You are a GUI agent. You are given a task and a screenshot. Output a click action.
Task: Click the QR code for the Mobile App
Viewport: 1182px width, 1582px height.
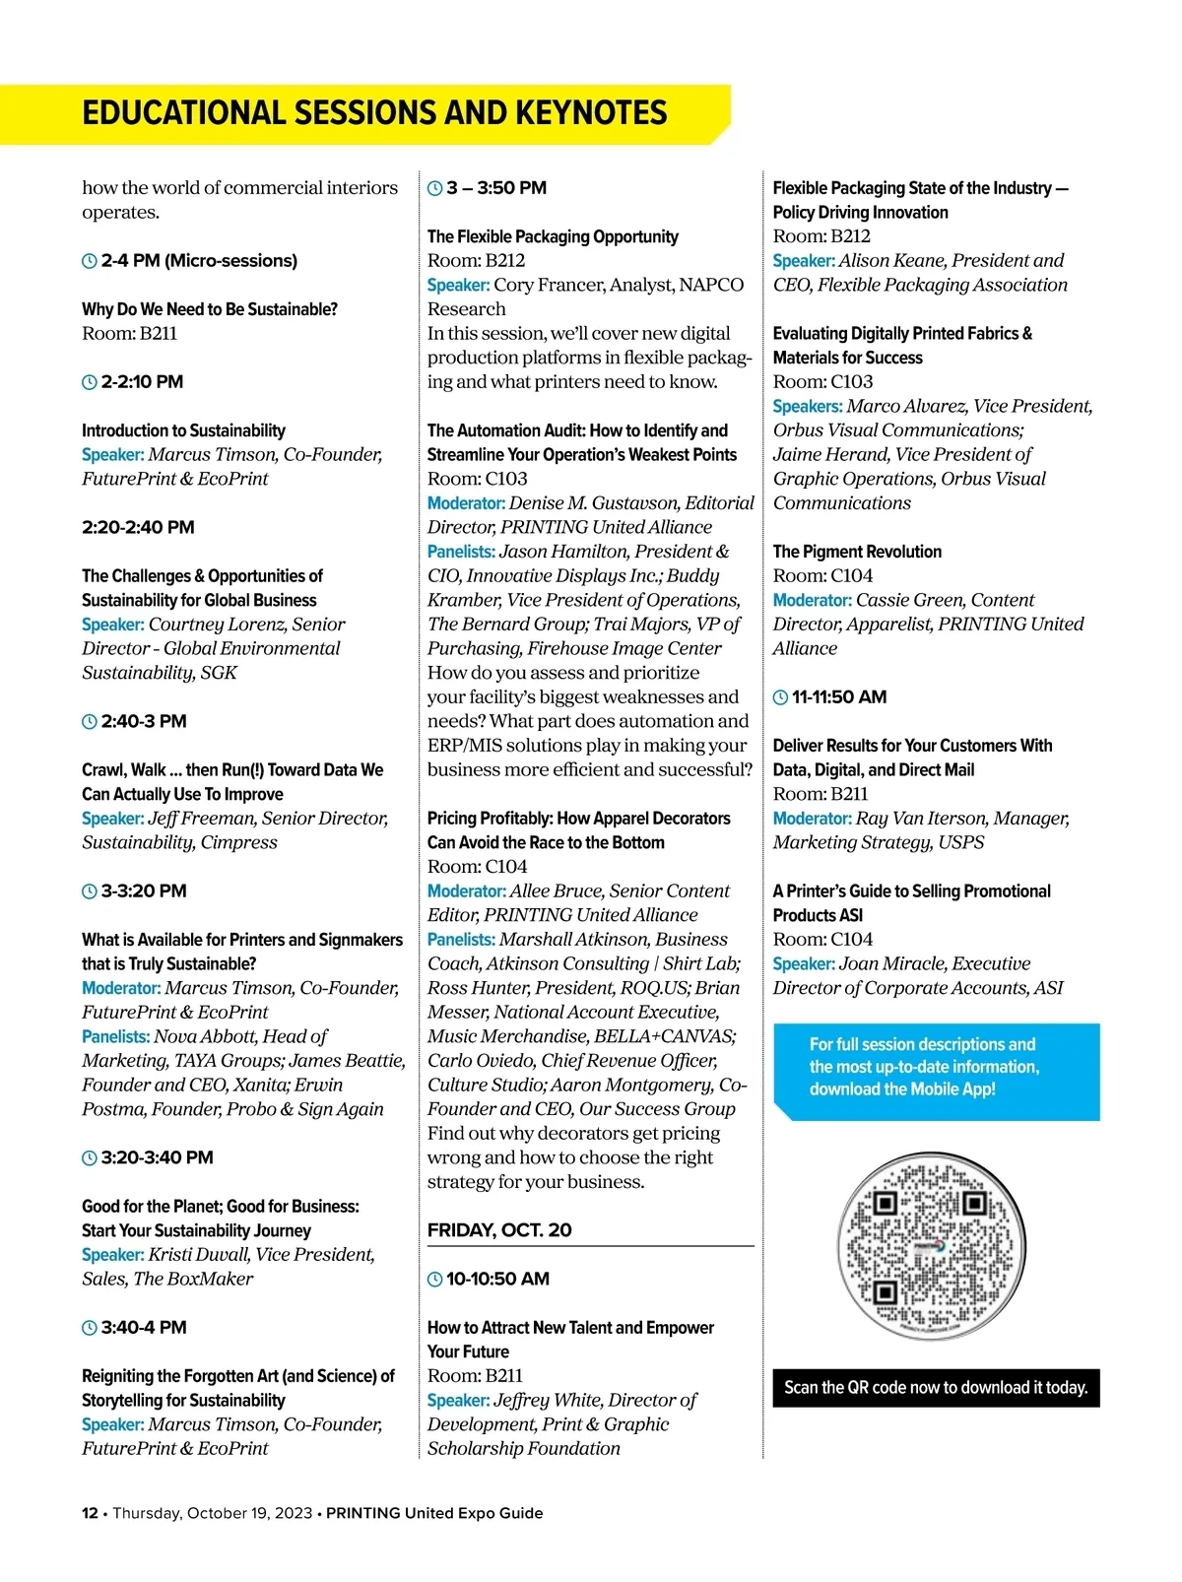tap(931, 1247)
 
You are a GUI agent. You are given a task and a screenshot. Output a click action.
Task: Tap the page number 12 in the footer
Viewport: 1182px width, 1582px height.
tap(89, 1513)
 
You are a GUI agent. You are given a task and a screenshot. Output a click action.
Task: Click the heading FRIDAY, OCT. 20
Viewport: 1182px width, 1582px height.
tap(499, 1230)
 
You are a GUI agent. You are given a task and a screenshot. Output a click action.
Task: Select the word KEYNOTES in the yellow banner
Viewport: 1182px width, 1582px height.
tap(591, 113)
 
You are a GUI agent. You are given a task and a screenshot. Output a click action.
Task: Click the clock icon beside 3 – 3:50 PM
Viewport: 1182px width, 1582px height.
tap(434, 188)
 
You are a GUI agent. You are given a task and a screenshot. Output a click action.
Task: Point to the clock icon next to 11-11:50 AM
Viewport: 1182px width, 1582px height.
tap(780, 697)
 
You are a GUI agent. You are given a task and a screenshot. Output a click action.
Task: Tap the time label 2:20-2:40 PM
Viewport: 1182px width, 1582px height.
tap(138, 527)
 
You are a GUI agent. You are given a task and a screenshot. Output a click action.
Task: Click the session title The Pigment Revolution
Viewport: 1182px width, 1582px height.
tap(857, 552)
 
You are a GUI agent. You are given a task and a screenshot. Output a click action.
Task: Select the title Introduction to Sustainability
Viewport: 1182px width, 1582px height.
tap(183, 430)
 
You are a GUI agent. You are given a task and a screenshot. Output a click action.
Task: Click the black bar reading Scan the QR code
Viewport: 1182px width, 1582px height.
tap(936, 1387)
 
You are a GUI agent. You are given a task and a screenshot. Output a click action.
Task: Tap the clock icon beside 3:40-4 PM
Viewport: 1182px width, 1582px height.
tap(90, 1328)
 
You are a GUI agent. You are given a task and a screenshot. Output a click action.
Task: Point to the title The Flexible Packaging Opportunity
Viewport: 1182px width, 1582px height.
tap(553, 236)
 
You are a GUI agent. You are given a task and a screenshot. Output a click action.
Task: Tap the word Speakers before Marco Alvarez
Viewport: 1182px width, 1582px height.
tap(808, 406)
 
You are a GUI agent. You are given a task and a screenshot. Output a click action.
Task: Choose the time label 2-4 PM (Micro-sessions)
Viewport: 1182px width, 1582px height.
tap(199, 261)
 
